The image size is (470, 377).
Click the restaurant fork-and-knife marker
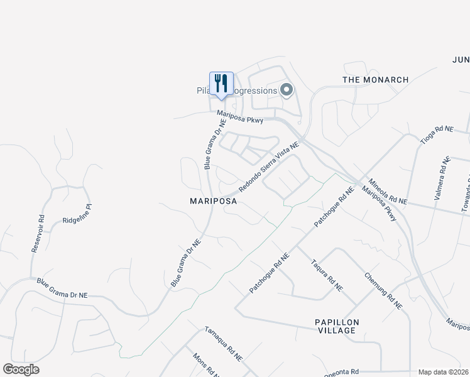221,84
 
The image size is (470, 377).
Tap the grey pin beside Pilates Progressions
287,90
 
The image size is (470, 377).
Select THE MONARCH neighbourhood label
375,80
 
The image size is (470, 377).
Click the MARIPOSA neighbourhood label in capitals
214,202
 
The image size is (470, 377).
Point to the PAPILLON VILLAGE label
337,326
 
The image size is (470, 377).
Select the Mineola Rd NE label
388,191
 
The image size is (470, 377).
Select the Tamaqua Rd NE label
223,344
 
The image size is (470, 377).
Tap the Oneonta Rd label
341,373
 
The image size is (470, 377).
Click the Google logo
21,369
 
